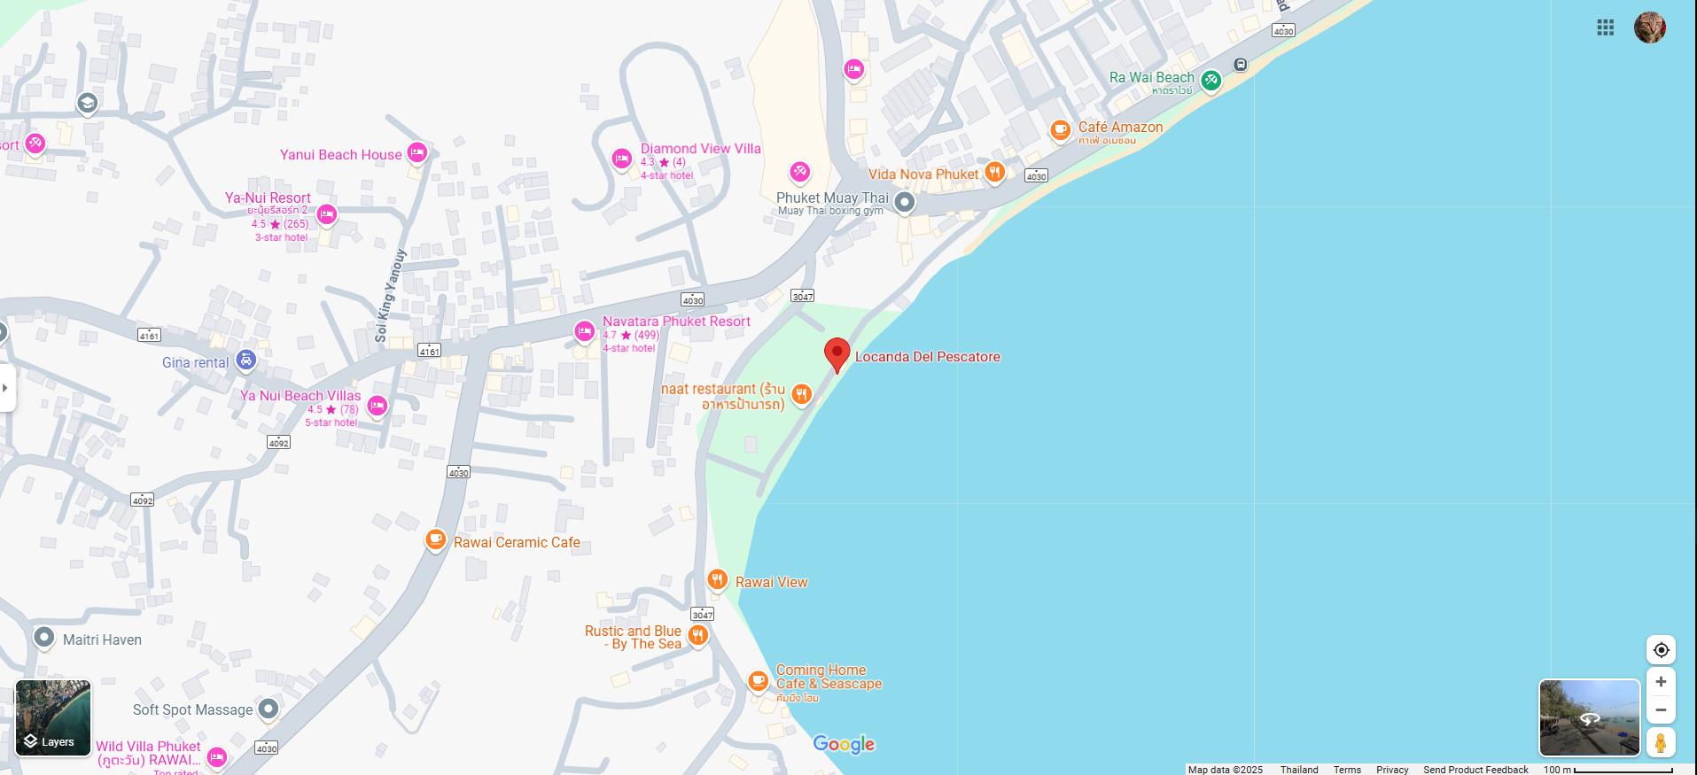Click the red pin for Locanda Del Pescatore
click(x=837, y=353)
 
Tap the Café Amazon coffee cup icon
click(x=1060, y=129)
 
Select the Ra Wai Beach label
click(x=1151, y=78)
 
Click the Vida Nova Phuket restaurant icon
click(x=995, y=172)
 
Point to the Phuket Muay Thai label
click(x=831, y=198)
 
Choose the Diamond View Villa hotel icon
click(x=622, y=159)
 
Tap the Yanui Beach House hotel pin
click(x=417, y=152)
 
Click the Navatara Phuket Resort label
click(x=676, y=322)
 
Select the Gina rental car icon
click(x=245, y=360)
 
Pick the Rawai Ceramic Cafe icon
click(x=435, y=539)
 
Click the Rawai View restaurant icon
click(x=717, y=580)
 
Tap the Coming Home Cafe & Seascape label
click(x=829, y=678)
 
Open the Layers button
click(x=53, y=718)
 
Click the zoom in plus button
click(x=1661, y=682)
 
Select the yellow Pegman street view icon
click(x=1661, y=742)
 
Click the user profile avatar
click(x=1649, y=27)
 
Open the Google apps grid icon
click(x=1605, y=27)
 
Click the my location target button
click(x=1661, y=650)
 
